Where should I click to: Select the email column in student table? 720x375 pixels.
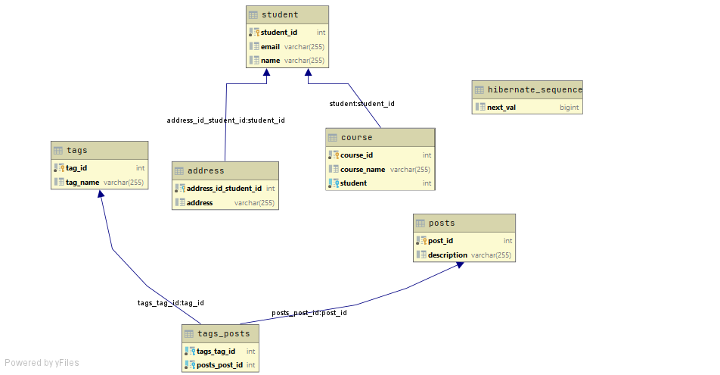pos(270,47)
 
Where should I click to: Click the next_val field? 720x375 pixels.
pos(501,108)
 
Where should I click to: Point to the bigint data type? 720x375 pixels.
pos(569,108)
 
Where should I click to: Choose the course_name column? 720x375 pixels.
pos(362,170)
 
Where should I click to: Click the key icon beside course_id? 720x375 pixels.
pos(334,155)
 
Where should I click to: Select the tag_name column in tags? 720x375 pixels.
pos(82,183)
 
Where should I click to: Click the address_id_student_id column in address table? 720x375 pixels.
pos(224,189)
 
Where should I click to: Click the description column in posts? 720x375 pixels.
pos(447,255)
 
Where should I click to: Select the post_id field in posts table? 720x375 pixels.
pos(440,241)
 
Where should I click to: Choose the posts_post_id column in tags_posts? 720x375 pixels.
pos(219,365)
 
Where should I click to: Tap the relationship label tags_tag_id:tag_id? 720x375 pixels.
pos(170,303)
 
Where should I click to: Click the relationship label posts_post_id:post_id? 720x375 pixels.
pos(309,313)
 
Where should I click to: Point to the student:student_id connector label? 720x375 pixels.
pos(362,104)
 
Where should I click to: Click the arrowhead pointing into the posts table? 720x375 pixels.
pos(461,267)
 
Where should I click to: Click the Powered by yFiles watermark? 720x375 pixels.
pos(42,363)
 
